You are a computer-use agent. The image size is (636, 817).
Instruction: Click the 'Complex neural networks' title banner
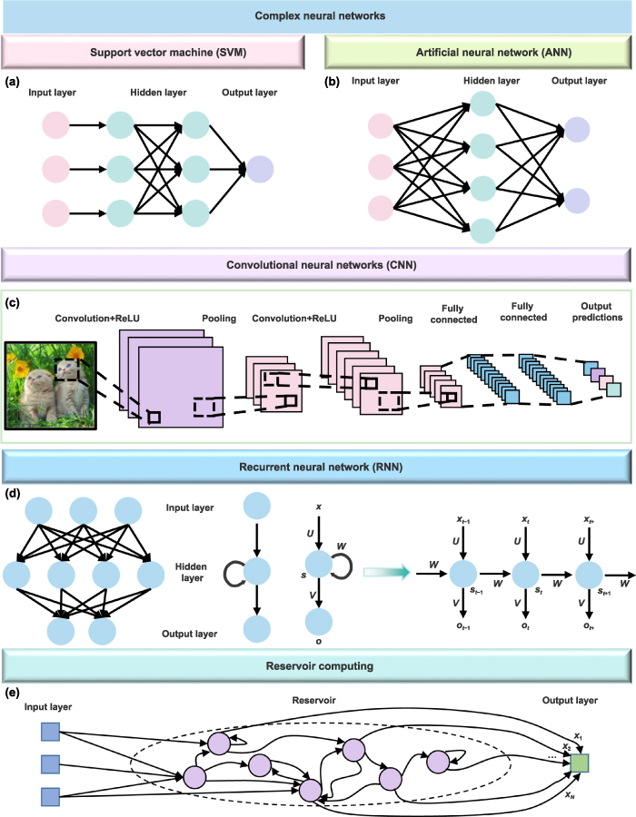[317, 16]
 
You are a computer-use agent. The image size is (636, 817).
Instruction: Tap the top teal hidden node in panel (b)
[483, 103]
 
